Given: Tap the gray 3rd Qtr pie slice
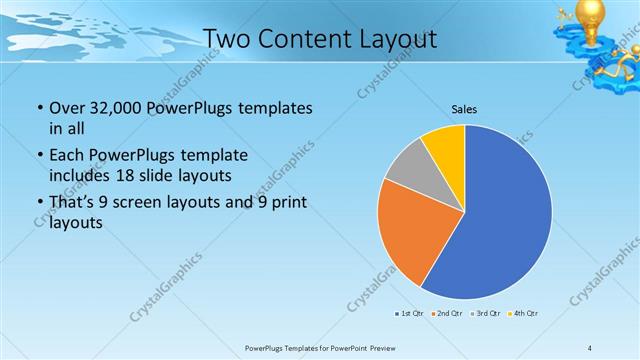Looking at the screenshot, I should (x=408, y=169).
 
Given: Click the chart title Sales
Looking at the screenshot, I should (x=464, y=107).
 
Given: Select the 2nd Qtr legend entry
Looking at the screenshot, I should (x=445, y=314).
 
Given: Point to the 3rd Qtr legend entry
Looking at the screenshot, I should (x=484, y=314).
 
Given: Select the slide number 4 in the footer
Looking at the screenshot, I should (x=590, y=347).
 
